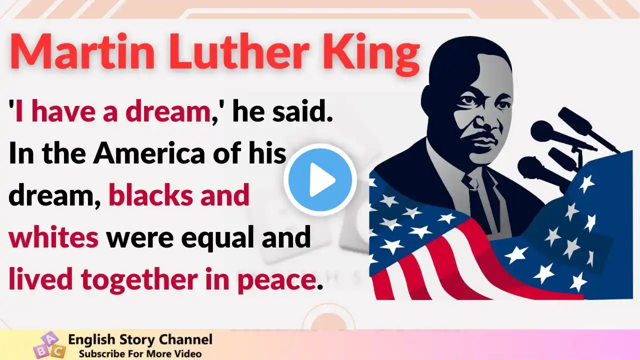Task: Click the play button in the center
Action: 320,180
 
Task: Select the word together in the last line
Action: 139,279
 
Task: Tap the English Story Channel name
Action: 140,339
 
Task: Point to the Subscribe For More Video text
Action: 140,353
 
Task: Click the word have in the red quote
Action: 61,112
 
